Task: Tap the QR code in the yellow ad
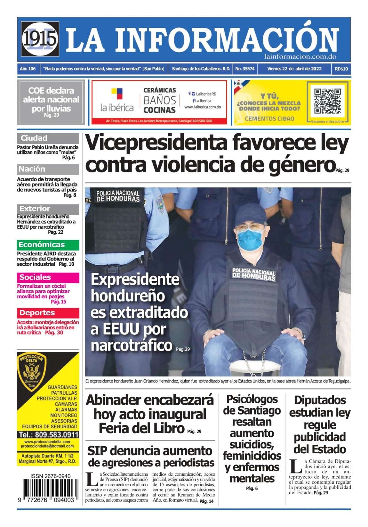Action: tap(327, 102)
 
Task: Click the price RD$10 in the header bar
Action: tap(341, 69)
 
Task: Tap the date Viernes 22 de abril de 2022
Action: tap(294, 69)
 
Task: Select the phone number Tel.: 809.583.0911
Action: tap(48, 435)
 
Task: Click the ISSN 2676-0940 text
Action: tap(51, 476)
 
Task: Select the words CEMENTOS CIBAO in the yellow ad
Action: tap(269, 119)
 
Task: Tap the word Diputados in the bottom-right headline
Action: tap(320, 400)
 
